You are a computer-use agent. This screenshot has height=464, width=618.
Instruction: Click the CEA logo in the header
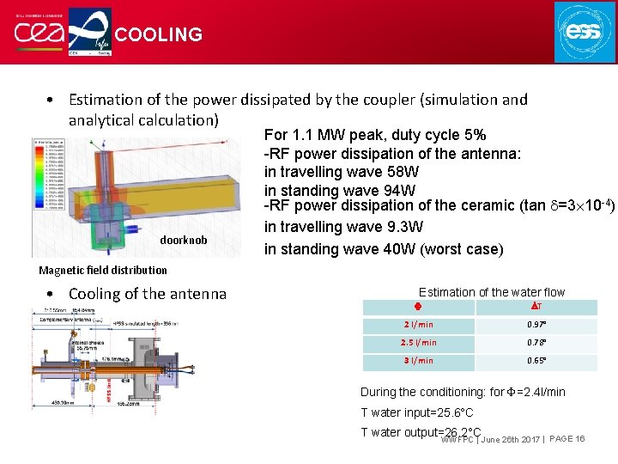39,33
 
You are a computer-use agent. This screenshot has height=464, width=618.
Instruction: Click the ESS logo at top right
585,32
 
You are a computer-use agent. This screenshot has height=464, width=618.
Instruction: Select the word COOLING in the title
159,35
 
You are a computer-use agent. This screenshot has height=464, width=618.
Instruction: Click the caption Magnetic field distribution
102,270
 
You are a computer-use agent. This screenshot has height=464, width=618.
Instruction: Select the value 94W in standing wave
397,190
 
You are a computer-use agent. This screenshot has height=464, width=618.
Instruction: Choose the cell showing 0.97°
537,325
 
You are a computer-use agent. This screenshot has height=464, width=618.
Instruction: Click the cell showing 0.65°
537,361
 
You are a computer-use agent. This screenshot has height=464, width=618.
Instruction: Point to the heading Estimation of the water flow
491,292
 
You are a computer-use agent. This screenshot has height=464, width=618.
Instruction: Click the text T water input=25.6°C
416,412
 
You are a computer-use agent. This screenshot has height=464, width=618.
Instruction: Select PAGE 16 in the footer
566,439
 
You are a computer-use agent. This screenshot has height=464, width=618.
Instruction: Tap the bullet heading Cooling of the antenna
147,294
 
